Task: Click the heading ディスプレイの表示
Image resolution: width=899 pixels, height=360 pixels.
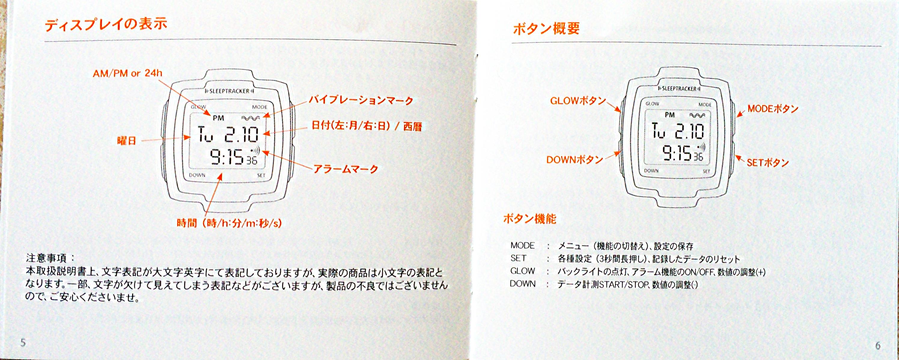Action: click(x=106, y=25)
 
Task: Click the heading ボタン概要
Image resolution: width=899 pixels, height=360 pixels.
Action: click(x=546, y=28)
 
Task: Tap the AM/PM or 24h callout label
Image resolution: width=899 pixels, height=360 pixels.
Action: click(x=127, y=73)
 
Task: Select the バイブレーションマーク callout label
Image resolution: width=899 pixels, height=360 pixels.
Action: click(x=361, y=100)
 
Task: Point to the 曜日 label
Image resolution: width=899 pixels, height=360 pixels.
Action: click(x=126, y=141)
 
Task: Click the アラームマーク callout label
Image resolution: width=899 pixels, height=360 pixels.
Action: click(x=346, y=169)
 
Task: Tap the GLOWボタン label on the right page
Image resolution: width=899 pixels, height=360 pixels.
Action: click(x=578, y=101)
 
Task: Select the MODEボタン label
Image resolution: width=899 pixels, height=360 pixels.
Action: click(x=773, y=109)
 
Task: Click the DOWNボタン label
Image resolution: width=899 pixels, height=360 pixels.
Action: click(x=574, y=160)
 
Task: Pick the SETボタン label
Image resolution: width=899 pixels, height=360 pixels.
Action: click(x=768, y=162)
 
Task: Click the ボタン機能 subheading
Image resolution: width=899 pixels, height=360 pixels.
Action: click(x=530, y=219)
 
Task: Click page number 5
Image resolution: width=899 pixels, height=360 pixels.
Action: click(x=23, y=342)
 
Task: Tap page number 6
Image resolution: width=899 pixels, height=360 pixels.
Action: click(x=878, y=346)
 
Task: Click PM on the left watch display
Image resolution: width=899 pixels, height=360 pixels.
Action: click(x=218, y=118)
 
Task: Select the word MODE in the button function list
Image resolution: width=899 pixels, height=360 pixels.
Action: click(x=523, y=245)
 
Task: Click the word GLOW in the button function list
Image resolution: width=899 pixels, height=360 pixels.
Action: click(x=523, y=271)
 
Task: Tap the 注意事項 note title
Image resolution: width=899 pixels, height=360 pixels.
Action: click(x=46, y=258)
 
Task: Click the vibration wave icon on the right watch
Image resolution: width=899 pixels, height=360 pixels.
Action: click(x=697, y=115)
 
